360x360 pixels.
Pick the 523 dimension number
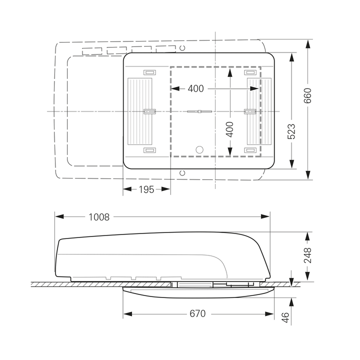(x=291, y=131)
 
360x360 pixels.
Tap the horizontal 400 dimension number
(x=195, y=88)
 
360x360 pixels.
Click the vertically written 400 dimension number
(x=229, y=129)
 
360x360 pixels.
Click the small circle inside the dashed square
(x=199, y=149)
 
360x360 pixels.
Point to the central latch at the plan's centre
(x=199, y=111)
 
